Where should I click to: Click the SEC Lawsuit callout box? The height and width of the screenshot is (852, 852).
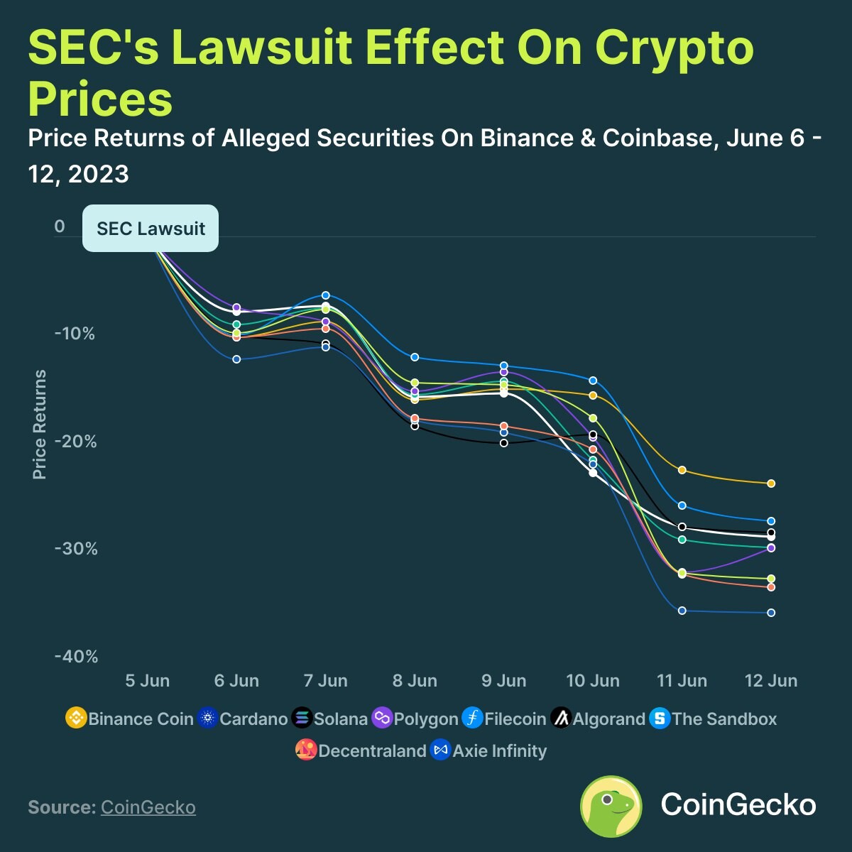(151, 229)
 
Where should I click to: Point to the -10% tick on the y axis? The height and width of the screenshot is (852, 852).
(75, 334)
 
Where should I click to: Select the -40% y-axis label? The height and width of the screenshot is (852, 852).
(76, 657)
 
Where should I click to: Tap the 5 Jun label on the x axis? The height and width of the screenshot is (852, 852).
(147, 681)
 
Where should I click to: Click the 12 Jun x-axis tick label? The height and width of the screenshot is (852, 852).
(771, 681)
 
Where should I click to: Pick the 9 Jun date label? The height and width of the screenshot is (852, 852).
(504, 681)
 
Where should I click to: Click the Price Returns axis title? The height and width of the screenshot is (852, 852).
(40, 424)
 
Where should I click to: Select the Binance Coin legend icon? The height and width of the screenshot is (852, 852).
(75, 719)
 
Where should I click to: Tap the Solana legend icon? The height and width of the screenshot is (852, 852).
(302, 719)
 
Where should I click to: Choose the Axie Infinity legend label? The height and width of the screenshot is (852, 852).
(500, 751)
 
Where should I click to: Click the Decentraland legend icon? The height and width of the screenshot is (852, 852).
(306, 750)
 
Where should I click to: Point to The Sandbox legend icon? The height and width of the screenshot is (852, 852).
(660, 719)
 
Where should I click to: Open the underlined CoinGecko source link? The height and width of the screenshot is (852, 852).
(148, 807)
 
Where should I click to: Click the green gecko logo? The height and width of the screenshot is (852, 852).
(611, 806)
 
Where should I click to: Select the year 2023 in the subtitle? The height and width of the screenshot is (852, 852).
(99, 174)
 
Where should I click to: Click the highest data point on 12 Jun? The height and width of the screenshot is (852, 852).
(771, 484)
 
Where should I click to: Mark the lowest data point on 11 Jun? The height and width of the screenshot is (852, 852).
(682, 611)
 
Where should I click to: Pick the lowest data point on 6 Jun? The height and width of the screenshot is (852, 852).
(236, 359)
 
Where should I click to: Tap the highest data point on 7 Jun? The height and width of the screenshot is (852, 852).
(326, 295)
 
